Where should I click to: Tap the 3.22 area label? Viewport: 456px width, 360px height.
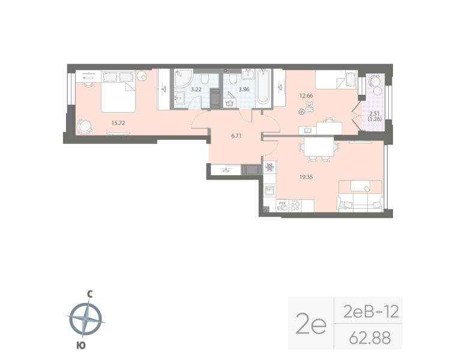(196, 89)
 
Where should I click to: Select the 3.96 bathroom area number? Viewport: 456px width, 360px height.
(244, 89)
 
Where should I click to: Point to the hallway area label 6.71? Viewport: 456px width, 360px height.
(236, 136)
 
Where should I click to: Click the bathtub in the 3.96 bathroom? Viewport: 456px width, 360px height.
(263, 88)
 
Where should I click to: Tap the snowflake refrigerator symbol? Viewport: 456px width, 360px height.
(269, 166)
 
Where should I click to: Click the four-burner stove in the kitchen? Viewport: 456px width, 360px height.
(295, 205)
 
